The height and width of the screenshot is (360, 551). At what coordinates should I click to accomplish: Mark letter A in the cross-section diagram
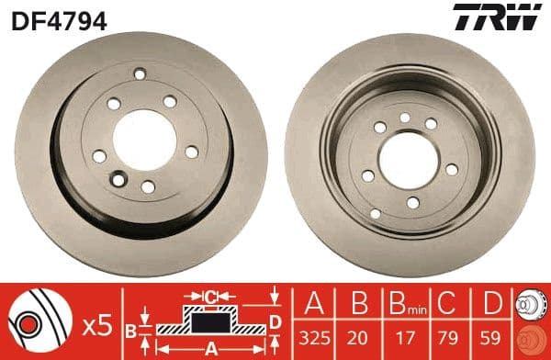point(209,347)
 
